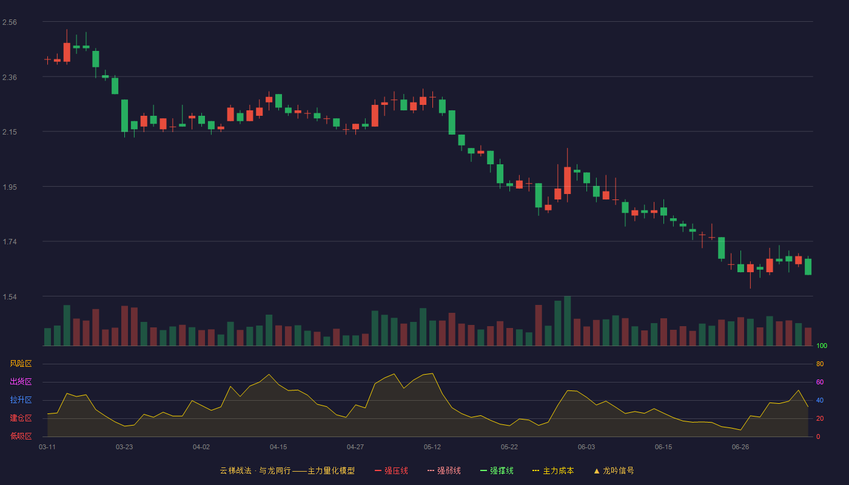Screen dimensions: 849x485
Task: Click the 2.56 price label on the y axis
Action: tap(10, 22)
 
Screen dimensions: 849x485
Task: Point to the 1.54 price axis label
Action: tap(10, 296)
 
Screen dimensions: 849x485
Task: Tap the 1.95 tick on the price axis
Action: tap(10, 187)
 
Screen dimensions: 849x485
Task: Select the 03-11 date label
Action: tap(47, 447)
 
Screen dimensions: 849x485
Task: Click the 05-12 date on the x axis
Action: tap(432, 447)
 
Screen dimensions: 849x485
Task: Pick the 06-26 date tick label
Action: tap(740, 447)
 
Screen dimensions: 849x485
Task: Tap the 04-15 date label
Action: tap(278, 447)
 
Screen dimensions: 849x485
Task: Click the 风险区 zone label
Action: tap(21, 364)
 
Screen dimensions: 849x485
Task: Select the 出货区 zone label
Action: tap(21, 381)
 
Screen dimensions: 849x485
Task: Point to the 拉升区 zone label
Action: tap(21, 400)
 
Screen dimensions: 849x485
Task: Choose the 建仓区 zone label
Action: tap(21, 418)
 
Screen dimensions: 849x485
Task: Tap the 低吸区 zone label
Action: tap(21, 436)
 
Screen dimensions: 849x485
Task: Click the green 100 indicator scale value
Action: tap(822, 346)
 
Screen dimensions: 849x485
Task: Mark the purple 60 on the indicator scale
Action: tap(820, 382)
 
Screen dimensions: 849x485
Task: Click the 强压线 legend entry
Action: tap(391, 470)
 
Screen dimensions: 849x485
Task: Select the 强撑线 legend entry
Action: tap(497, 470)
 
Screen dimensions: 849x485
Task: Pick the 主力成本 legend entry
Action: tap(553, 470)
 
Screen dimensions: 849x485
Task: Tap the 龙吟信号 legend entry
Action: tap(614, 470)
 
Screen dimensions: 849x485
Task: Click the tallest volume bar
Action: tap(568, 321)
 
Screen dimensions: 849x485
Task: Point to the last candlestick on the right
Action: tap(808, 267)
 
